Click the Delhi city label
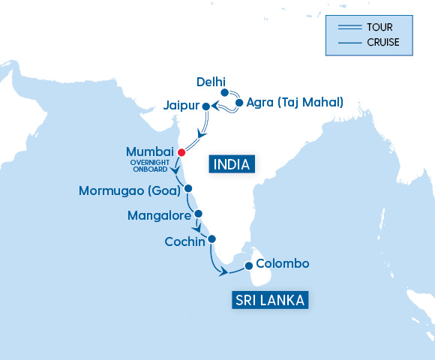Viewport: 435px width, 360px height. (x=210, y=81)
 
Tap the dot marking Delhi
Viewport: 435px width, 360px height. (x=224, y=92)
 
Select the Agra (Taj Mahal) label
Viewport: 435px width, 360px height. (x=295, y=102)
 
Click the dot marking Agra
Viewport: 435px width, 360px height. (x=239, y=103)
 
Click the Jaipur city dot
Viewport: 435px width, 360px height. (x=205, y=106)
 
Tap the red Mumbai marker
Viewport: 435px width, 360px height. (x=180, y=152)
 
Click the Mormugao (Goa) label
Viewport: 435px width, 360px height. (x=129, y=190)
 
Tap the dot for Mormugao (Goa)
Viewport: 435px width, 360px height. (x=189, y=189)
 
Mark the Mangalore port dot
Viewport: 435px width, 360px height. (x=199, y=214)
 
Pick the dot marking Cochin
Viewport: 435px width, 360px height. (x=211, y=239)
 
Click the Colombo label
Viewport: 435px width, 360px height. (x=282, y=264)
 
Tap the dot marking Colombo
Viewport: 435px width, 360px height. (x=249, y=265)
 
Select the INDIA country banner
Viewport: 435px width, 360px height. (x=232, y=163)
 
